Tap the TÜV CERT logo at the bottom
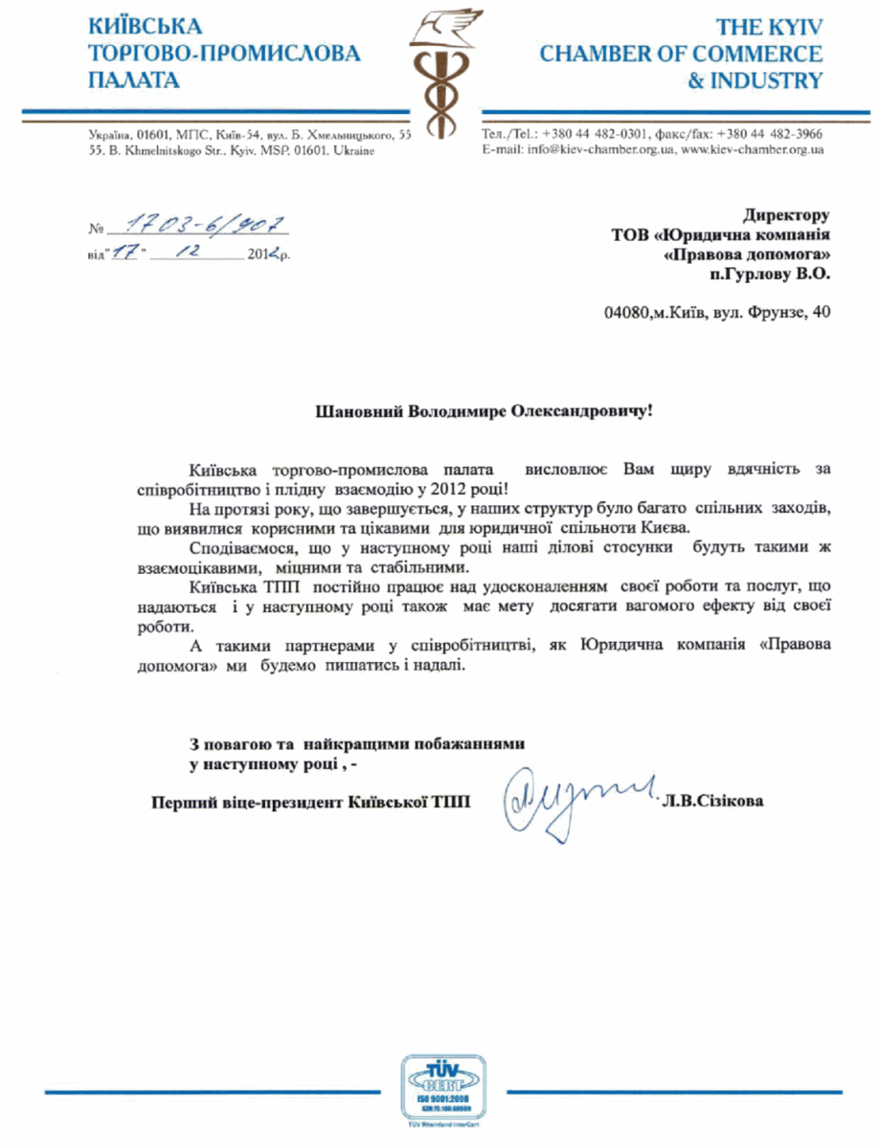(442, 1091)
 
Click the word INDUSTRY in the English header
(755, 79)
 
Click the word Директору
(785, 216)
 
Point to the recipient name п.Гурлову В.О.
(765, 274)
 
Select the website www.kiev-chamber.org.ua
(752, 150)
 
